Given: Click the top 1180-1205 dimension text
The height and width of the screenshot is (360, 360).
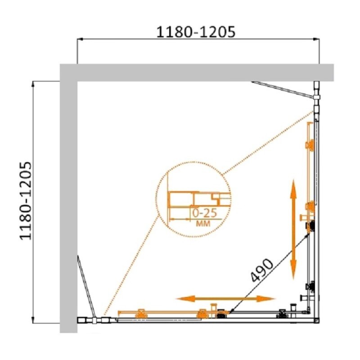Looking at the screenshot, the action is [x=196, y=31].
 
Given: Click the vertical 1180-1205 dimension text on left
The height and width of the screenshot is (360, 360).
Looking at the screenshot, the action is [x=26, y=201].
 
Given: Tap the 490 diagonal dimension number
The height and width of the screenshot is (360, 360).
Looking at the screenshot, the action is [x=262, y=270].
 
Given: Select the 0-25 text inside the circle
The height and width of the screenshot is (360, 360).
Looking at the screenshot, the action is [x=204, y=213].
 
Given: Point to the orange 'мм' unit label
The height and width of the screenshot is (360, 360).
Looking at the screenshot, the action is [x=203, y=223].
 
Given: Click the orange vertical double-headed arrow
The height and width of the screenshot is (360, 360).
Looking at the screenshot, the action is [x=293, y=229].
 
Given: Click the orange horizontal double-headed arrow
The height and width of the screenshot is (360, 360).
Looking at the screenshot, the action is [x=225, y=299].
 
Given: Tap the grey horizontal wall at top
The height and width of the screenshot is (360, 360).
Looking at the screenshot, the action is [x=197, y=72].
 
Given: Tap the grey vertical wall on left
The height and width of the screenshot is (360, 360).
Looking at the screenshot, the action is [x=68, y=198].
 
